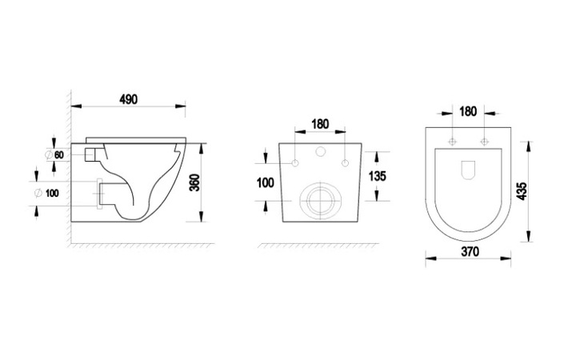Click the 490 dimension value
[x=128, y=99]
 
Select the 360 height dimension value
[x=194, y=182]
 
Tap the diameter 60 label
[x=54, y=155]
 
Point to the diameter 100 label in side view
[x=46, y=193]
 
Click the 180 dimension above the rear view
[x=320, y=124]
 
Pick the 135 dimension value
[x=377, y=176]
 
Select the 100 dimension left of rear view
[x=266, y=182]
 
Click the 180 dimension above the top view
[x=468, y=111]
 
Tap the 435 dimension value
[x=522, y=191]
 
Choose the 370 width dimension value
[x=470, y=251]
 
